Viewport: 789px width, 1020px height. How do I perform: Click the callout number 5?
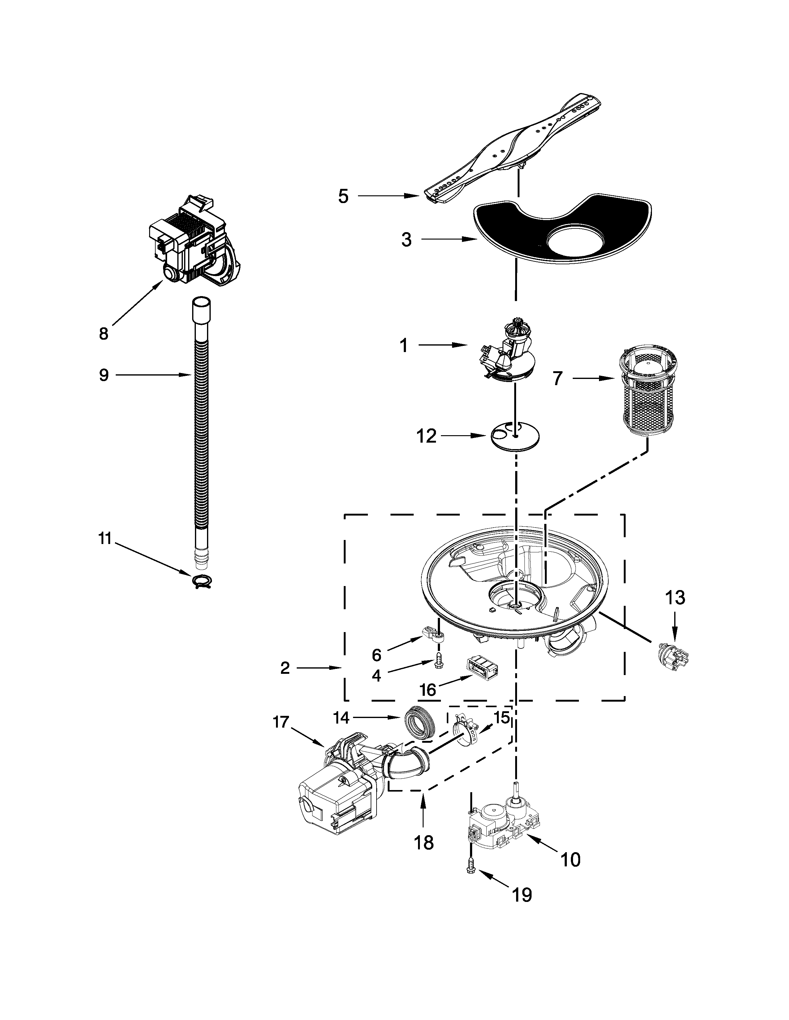tap(343, 197)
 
